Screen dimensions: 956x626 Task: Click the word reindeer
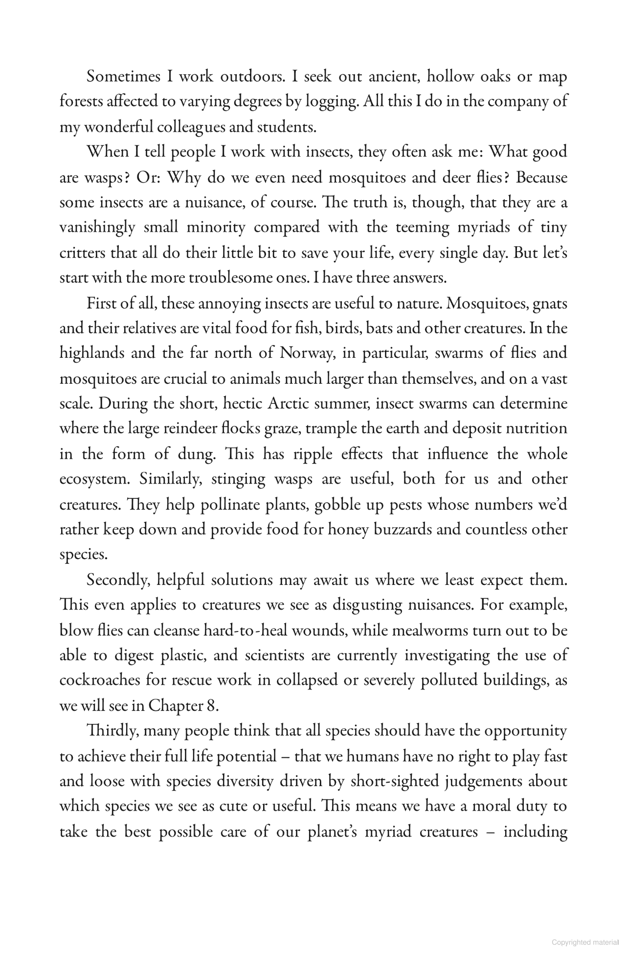[182, 429]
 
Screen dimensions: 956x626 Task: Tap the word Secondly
[118, 580]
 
